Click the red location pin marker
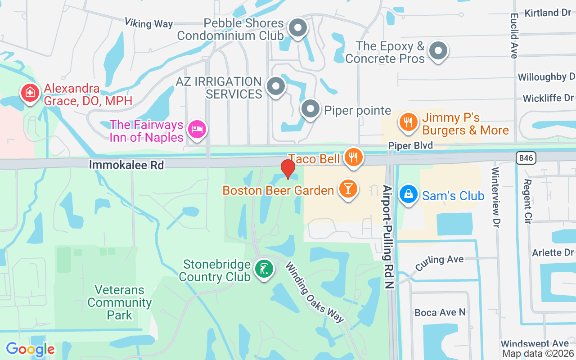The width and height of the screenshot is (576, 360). tap(288, 169)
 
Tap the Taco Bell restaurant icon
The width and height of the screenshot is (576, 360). tap(353, 157)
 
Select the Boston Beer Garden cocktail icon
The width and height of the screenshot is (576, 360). tap(348, 189)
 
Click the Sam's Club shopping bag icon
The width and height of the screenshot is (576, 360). tap(408, 194)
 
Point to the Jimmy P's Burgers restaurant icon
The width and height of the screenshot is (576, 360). tap(408, 122)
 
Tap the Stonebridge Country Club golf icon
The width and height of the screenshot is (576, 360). tap(263, 269)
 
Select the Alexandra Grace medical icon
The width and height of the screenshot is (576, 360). tap(30, 93)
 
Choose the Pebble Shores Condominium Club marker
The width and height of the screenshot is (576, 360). tap(297, 28)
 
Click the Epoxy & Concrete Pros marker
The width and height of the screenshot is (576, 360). tap(438, 51)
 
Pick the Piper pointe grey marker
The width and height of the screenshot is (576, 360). tap(310, 109)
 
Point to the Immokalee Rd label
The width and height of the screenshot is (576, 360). tap(126, 165)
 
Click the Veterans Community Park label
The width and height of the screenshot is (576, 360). tap(120, 302)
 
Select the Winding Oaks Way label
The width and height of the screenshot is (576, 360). tap(315, 292)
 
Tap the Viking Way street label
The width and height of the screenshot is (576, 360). tap(148, 23)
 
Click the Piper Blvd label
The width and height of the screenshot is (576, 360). tap(410, 145)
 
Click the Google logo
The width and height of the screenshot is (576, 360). tap(30, 349)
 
